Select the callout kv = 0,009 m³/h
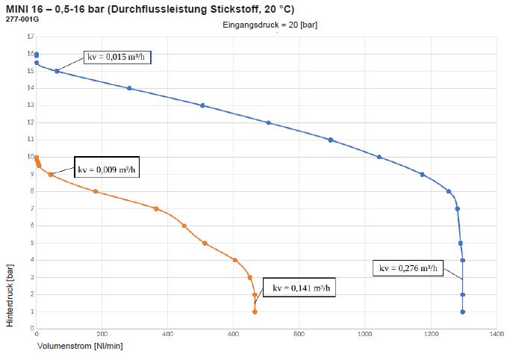[x=107, y=167]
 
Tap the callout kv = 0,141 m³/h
[x=302, y=287]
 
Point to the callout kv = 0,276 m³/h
[x=407, y=268]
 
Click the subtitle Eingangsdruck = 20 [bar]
[x=272, y=25]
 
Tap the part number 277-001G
[x=19, y=19]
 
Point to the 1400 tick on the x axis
[x=495, y=335]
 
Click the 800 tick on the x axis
[x=299, y=335]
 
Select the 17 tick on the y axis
[x=30, y=37]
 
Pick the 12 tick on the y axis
[x=30, y=122]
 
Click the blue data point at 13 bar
[x=202, y=105]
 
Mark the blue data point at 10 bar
[x=379, y=157]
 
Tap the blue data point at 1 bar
[x=463, y=311]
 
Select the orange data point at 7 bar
[x=156, y=208]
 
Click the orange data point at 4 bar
[x=235, y=260]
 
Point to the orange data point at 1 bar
[x=255, y=311]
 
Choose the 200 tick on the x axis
[x=102, y=335]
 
